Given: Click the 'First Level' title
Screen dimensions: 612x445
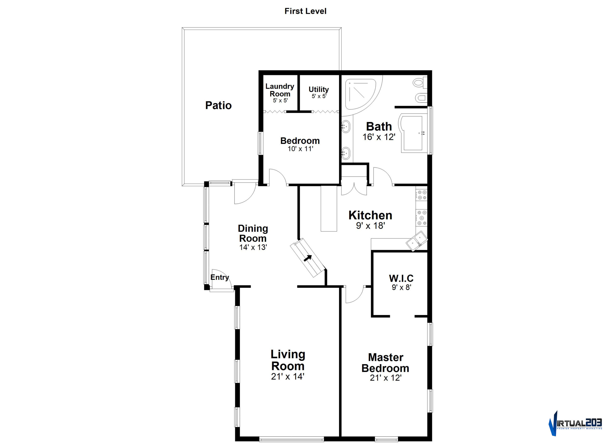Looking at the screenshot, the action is click(x=306, y=11).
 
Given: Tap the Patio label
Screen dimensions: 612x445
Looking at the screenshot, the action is click(x=218, y=105).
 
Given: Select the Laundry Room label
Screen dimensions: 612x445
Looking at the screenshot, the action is click(x=280, y=90).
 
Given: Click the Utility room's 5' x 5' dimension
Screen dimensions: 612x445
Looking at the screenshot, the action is click(x=319, y=96).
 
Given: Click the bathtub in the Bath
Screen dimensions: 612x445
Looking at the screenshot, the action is click(x=413, y=133).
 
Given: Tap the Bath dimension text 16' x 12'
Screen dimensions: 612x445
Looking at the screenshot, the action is click(x=379, y=137).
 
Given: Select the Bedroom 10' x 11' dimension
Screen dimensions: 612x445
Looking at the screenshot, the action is click(x=300, y=149).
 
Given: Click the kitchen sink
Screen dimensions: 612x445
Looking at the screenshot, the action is click(x=417, y=241).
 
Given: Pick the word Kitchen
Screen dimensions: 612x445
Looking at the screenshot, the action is click(x=370, y=215).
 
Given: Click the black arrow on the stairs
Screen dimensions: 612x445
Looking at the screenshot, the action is click(x=308, y=258).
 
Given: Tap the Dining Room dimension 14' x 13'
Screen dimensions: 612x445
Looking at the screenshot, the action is click(x=253, y=247).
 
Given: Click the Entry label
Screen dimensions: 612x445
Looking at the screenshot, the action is click(x=220, y=277).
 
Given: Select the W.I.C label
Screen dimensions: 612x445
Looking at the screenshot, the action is click(x=401, y=278).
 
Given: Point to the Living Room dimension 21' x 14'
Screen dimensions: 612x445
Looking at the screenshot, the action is click(x=288, y=376).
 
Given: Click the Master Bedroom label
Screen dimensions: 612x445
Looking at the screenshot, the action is click(x=385, y=363).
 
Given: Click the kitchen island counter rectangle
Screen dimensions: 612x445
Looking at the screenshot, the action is click(x=329, y=208).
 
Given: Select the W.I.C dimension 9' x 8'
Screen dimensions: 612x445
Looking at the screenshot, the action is click(x=401, y=288).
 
